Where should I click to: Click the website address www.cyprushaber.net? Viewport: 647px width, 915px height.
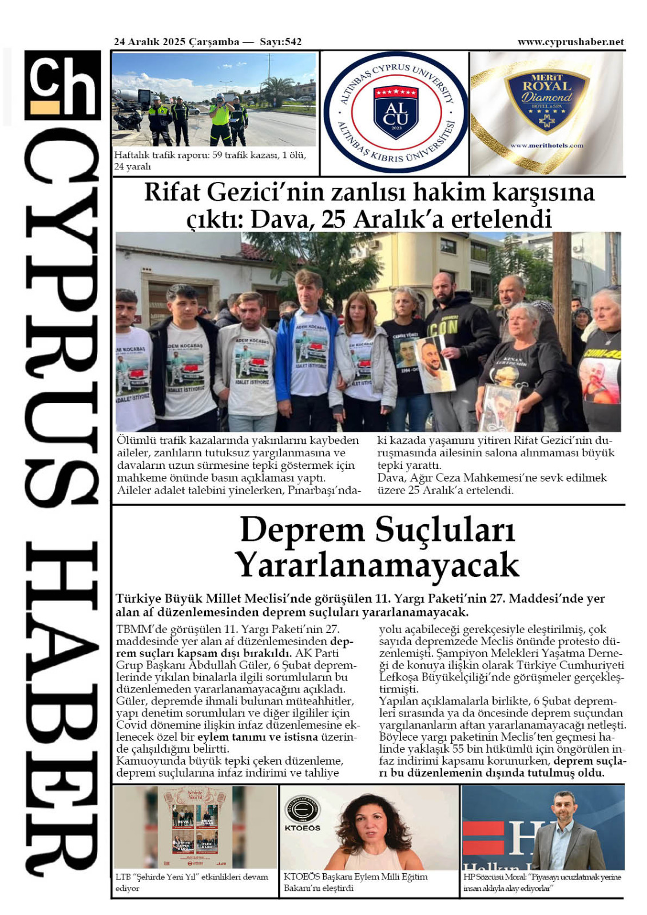[570, 42]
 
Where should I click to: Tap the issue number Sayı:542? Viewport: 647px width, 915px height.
[280, 42]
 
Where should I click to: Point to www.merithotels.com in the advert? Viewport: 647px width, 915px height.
[546, 145]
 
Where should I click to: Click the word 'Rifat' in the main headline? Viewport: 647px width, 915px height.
[172, 192]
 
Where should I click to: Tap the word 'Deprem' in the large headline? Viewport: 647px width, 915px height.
[301, 530]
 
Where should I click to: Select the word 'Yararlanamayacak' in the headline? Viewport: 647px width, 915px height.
[378, 565]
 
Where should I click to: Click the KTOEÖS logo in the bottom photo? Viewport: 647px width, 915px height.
[302, 814]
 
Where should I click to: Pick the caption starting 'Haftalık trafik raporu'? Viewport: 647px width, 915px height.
[210, 160]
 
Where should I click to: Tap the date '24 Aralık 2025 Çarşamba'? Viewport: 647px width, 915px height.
[177, 42]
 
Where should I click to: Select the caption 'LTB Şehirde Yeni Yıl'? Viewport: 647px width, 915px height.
[192, 882]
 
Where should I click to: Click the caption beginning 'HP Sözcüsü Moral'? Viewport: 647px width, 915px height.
[542, 882]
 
